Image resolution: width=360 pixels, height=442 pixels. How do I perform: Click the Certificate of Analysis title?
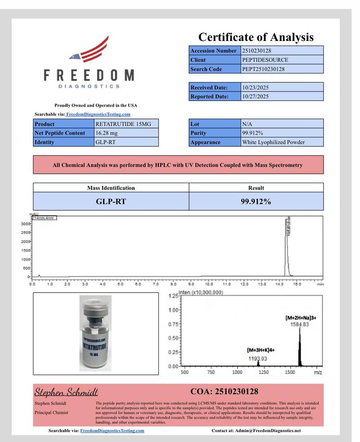click(256, 37)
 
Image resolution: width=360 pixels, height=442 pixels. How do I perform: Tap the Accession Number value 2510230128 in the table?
click(256, 51)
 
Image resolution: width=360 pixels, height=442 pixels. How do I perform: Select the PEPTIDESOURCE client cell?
click(265, 60)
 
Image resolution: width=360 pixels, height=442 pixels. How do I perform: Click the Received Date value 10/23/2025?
click(255, 87)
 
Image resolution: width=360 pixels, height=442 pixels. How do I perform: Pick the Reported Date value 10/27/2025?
click(255, 96)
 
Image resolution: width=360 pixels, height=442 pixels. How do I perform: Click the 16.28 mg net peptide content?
click(106, 133)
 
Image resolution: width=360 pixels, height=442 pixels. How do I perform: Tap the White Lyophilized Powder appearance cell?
click(273, 142)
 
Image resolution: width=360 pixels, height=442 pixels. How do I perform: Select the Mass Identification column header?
click(111, 188)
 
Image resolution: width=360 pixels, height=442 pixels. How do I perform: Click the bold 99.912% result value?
click(256, 202)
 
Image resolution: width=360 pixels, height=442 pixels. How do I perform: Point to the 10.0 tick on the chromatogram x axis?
click(209, 284)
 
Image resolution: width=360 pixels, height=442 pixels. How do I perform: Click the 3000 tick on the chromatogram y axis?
click(26, 224)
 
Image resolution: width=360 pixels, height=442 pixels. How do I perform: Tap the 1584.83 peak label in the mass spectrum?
click(299, 325)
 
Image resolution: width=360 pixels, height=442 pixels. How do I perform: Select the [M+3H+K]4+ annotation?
click(261, 350)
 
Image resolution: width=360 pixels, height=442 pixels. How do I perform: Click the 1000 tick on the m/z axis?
click(237, 373)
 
